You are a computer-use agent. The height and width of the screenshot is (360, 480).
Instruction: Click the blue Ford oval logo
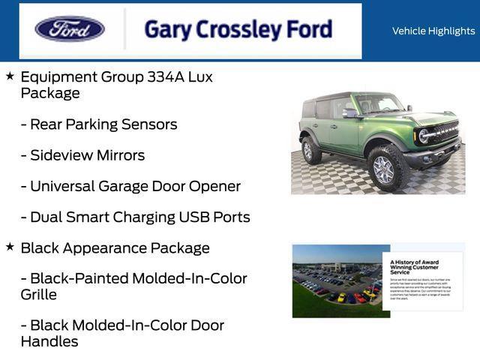pyautogui.click(x=70, y=29)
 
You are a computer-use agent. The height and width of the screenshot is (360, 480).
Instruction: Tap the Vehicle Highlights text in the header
pyautogui.click(x=433, y=31)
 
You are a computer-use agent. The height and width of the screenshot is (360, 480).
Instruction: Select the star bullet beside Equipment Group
pyautogui.click(x=10, y=76)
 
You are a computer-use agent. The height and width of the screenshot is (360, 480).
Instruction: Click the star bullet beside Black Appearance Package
pyautogui.click(x=10, y=247)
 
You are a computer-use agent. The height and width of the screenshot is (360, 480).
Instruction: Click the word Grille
pyautogui.click(x=39, y=295)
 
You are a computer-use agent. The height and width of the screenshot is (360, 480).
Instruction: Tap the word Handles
pyautogui.click(x=49, y=342)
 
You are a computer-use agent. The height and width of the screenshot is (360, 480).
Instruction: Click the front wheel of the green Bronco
pyautogui.click(x=383, y=169)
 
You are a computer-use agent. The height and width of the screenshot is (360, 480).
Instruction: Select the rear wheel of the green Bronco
pyautogui.click(x=311, y=150)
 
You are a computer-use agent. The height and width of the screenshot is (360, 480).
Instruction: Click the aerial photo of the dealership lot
pyautogui.click(x=337, y=280)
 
